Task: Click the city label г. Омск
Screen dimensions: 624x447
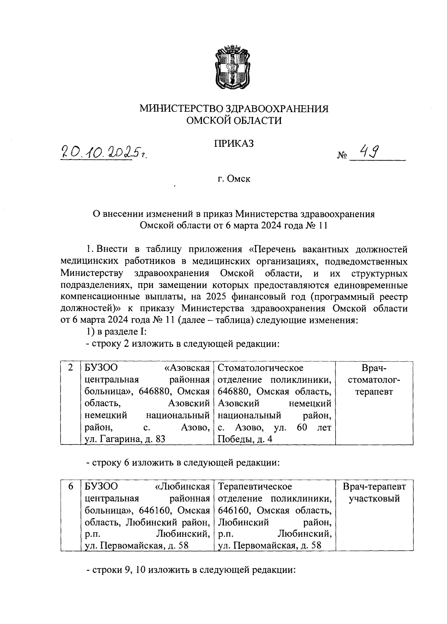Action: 234,179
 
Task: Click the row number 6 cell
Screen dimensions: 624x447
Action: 70,487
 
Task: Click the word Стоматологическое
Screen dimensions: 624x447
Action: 260,368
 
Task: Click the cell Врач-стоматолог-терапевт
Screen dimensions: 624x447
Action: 374,380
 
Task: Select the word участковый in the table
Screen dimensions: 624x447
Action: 374,498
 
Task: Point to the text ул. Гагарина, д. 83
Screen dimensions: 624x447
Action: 125,439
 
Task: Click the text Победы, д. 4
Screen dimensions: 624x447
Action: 245,439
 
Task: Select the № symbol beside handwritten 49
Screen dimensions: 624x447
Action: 342,155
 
